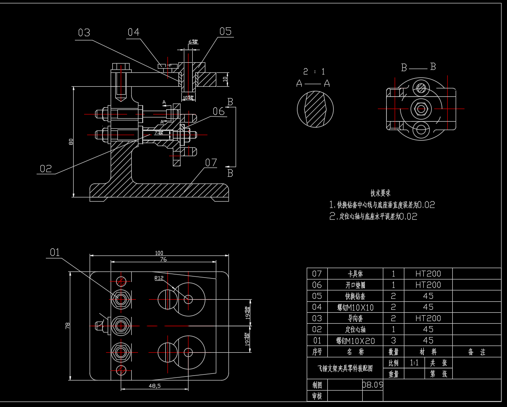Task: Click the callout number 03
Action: [x=84, y=33]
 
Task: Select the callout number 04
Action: [x=133, y=32]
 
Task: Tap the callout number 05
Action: [x=225, y=31]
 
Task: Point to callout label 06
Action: [x=219, y=111]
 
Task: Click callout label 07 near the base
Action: [x=211, y=162]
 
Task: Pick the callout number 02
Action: [x=45, y=169]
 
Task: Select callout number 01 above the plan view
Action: [x=55, y=252]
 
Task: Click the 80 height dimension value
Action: [x=71, y=142]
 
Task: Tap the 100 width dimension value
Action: [x=159, y=253]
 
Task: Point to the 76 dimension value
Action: [x=163, y=259]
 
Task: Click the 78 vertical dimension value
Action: [x=68, y=325]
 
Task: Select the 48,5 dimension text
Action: [x=155, y=386]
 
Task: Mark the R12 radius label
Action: [x=159, y=278]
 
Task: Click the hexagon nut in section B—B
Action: [x=421, y=109]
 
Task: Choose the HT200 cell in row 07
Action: [x=428, y=274]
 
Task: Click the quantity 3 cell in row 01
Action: [x=393, y=340]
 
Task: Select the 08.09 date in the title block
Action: [x=373, y=384]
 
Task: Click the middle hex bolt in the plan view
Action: [x=121, y=325]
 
